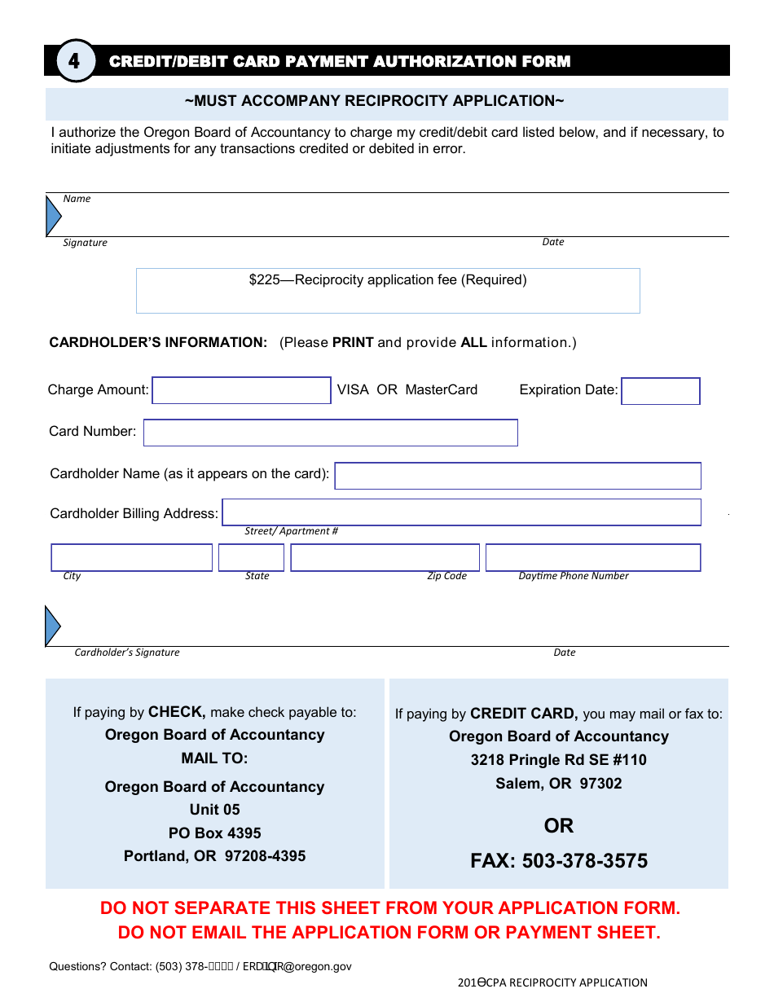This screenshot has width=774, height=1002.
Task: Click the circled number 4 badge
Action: coord(74,61)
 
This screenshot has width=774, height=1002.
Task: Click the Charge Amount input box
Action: coord(241,391)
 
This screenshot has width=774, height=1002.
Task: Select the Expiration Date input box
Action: coord(660,391)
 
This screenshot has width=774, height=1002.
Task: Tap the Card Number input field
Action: coord(330,433)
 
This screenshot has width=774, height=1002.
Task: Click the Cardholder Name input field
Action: coord(517,476)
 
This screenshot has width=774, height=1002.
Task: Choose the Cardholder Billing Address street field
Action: coord(461,512)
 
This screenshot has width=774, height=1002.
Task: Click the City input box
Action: coord(131,558)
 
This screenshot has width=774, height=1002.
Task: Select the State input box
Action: coord(251,558)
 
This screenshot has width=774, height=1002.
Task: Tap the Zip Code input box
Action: coord(385,558)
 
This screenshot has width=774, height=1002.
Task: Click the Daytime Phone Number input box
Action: coord(592,558)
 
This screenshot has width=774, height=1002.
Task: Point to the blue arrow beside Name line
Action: coord(53,216)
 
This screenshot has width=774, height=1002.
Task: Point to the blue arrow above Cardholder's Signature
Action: coord(52,626)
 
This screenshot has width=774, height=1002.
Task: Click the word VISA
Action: coord(353,389)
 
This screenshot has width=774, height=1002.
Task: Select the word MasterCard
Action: coord(441,389)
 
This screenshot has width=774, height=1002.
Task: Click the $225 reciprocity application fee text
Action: coord(388,280)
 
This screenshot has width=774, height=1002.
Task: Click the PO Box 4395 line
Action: coord(214,833)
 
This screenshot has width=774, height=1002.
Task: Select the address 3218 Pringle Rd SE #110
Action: coord(558,760)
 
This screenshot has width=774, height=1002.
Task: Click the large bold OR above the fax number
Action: coord(559,826)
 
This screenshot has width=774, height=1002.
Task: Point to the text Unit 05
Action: coord(214,810)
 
